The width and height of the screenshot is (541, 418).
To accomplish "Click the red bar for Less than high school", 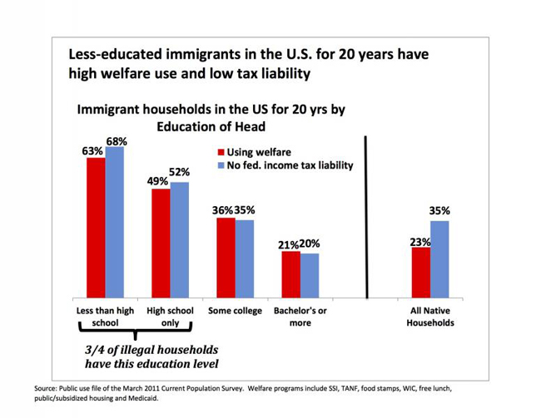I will pyautogui.click(x=96, y=228).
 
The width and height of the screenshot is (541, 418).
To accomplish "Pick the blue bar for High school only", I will pyautogui.click(x=179, y=240).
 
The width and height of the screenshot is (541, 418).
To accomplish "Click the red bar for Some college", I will pyautogui.click(x=226, y=258).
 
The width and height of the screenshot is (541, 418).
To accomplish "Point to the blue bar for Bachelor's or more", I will pyautogui.click(x=309, y=276).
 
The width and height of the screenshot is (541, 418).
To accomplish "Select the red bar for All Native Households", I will pyautogui.click(x=421, y=273).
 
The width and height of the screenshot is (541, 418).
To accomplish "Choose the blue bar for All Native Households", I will pyautogui.click(x=439, y=259).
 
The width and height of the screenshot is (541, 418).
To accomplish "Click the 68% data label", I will pyautogui.click(x=116, y=140).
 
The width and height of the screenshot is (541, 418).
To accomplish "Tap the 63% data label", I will pyautogui.click(x=92, y=150).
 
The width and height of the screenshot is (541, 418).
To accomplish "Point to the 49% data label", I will pyautogui.click(x=157, y=182).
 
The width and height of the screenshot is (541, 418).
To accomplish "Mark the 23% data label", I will pyautogui.click(x=419, y=242).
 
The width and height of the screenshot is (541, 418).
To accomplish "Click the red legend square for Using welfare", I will pyautogui.click(x=221, y=152).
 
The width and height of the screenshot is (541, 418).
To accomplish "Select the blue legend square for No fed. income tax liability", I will pyautogui.click(x=221, y=165).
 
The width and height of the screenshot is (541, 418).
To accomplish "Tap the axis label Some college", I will pyautogui.click(x=235, y=311).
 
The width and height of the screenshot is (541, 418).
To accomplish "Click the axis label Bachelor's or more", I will pyautogui.click(x=300, y=316).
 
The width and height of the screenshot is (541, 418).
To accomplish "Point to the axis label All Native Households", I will pyautogui.click(x=430, y=316).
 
